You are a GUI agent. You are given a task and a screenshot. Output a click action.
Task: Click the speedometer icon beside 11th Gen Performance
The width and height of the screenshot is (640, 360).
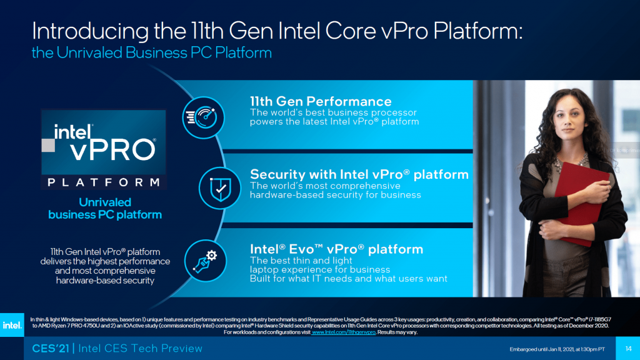(203, 117)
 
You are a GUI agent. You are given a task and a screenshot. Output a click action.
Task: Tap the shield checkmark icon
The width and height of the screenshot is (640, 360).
(220, 188)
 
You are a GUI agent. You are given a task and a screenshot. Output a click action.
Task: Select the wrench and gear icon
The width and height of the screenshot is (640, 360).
(205, 261)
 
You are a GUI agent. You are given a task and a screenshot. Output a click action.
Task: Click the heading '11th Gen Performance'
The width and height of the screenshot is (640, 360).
(321, 101)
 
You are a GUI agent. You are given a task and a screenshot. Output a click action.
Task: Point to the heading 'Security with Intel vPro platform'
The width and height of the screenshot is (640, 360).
(359, 174)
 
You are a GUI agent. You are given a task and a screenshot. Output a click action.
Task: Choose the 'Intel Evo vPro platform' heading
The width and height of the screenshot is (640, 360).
(336, 249)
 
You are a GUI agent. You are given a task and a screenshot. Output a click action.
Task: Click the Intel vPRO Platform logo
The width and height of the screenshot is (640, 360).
(104, 149)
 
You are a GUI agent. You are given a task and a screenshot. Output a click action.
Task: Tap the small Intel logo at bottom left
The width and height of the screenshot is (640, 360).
(12, 325)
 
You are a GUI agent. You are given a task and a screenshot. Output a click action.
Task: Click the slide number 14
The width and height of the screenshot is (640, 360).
(628, 349)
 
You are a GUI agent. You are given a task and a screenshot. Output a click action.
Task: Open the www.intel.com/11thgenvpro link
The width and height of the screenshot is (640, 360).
(344, 332)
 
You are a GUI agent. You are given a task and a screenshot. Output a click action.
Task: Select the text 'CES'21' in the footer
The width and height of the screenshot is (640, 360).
(51, 349)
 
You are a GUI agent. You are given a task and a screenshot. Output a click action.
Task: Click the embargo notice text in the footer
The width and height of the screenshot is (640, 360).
(557, 349)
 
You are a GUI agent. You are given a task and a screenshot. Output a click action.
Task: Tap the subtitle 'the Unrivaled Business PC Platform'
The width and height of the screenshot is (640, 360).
(152, 52)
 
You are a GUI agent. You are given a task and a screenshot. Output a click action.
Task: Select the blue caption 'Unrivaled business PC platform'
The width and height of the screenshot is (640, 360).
(105, 209)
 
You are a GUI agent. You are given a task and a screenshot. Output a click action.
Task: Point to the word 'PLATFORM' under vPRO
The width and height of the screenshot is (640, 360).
(104, 182)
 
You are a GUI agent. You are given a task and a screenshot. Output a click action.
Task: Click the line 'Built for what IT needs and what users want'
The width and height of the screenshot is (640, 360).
(349, 279)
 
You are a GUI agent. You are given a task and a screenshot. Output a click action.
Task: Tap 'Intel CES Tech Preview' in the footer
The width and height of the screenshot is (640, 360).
(141, 349)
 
